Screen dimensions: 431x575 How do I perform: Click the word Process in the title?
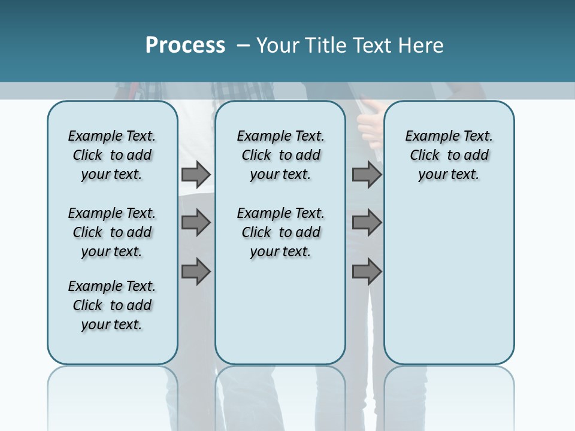point(185,45)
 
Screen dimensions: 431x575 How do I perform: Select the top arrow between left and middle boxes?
point(196,174)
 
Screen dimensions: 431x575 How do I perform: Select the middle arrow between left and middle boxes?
point(196,223)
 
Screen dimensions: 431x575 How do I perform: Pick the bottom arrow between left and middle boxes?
point(196,272)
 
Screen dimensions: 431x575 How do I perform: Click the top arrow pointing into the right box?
point(367,174)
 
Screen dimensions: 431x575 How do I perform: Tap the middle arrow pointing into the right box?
point(367,223)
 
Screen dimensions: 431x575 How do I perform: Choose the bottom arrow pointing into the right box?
point(367,272)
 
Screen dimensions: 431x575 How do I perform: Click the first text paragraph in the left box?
point(112,155)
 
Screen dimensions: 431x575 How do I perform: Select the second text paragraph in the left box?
point(112,232)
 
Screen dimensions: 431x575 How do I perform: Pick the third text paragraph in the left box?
point(112,305)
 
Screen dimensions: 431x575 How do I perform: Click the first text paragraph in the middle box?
point(280,155)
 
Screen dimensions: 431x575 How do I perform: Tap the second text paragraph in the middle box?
point(280,232)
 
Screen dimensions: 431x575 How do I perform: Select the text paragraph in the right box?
point(449,155)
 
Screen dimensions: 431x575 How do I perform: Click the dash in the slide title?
point(243,45)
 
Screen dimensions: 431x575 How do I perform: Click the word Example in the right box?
point(427,136)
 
